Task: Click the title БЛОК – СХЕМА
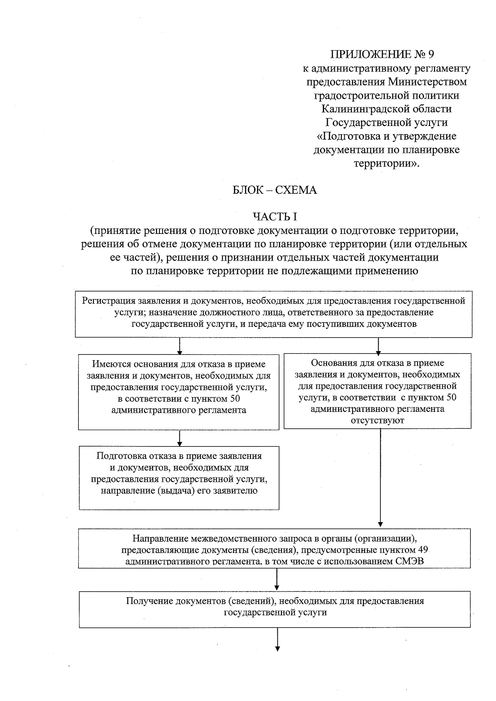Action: click(x=275, y=190)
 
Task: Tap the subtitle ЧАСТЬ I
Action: click(x=275, y=216)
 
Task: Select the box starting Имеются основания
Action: click(x=179, y=392)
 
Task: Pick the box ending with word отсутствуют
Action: click(x=377, y=391)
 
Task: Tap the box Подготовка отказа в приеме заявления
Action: click(x=179, y=478)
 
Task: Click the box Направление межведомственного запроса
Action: click(x=274, y=548)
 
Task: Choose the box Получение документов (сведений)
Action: click(x=274, y=609)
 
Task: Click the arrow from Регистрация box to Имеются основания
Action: click(x=179, y=346)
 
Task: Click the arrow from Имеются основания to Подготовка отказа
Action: click(x=179, y=438)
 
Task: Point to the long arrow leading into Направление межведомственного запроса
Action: click(x=380, y=479)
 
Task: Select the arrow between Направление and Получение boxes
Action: click(x=277, y=580)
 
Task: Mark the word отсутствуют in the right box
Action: click(x=377, y=421)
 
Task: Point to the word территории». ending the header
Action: click(x=386, y=164)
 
